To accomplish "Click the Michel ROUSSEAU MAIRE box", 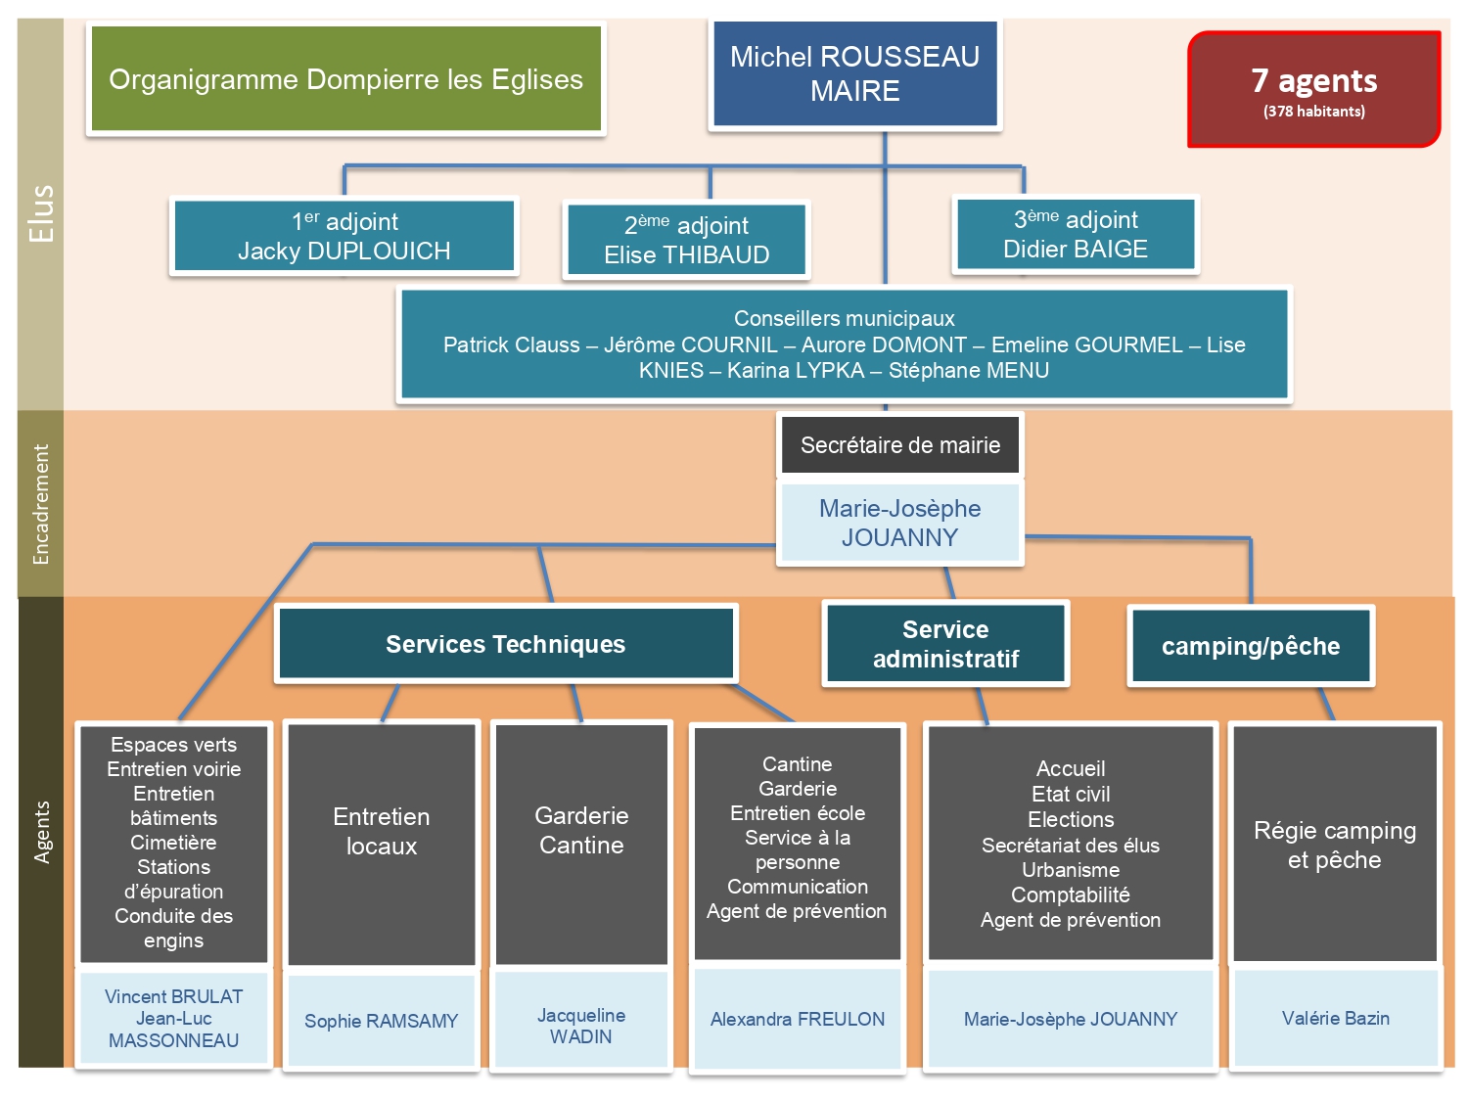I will tap(854, 74).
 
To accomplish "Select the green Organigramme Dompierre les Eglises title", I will tap(345, 79).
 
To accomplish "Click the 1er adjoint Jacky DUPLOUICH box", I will tap(344, 236).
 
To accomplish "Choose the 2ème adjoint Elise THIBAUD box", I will tap(686, 240).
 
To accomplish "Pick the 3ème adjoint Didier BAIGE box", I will tap(1076, 234).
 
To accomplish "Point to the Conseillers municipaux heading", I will tap(844, 318).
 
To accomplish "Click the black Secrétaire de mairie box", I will tap(900, 445).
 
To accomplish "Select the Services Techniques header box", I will tap(505, 644).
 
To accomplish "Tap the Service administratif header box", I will tap(945, 644).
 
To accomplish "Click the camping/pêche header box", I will tap(1251, 646).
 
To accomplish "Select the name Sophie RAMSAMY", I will tap(381, 1021).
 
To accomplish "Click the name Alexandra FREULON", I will tap(797, 1019).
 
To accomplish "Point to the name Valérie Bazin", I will tap(1335, 1018).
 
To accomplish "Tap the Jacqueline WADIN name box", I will tap(580, 1026).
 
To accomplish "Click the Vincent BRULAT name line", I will tap(173, 996).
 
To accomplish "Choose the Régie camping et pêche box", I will tap(1335, 845).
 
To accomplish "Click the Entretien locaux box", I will tap(381, 831).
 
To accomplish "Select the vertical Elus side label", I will tap(41, 213).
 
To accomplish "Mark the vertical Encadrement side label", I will tap(41, 504).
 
